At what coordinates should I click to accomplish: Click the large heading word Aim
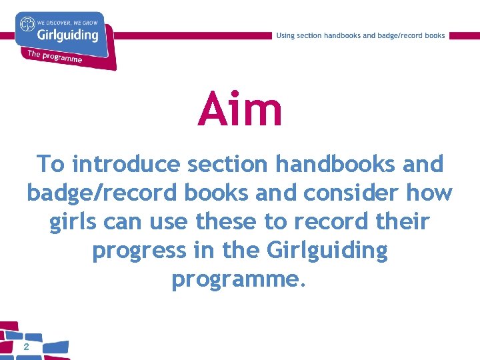point(240,110)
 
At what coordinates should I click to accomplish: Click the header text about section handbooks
point(361,35)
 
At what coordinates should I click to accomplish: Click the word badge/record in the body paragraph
point(93,193)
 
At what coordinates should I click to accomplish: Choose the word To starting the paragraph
point(51,164)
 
